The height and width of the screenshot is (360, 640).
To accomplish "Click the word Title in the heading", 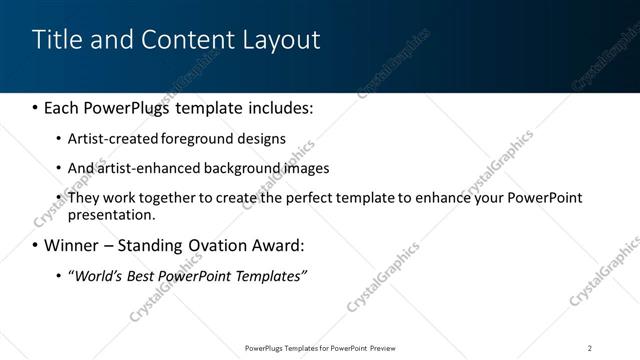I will pyautogui.click(x=56, y=40).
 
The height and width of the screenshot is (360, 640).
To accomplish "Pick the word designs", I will pyautogui.click(x=263, y=138).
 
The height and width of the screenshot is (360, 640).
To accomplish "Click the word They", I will pyautogui.click(x=83, y=198).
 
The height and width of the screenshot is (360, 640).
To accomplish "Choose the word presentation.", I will pyautogui.click(x=112, y=214).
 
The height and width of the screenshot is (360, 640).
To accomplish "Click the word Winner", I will pyautogui.click(x=74, y=245).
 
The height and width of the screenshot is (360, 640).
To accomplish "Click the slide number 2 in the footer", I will pyautogui.click(x=590, y=347).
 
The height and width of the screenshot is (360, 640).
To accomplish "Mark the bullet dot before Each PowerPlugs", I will pyautogui.click(x=35, y=107).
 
